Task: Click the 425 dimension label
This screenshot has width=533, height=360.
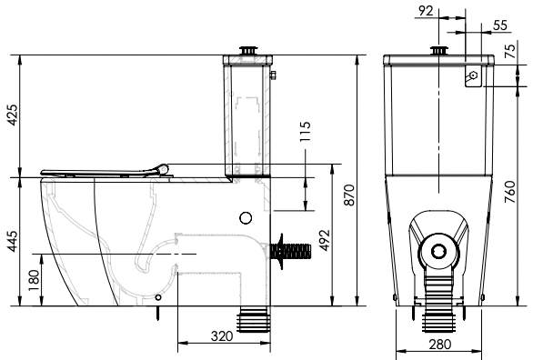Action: pos(13,115)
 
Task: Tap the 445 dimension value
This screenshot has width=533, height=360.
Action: pos(13,242)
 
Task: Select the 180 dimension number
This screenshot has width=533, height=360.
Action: pos(34,280)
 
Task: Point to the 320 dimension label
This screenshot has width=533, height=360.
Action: pos(222,335)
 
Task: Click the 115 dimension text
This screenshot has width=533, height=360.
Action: pos(306,132)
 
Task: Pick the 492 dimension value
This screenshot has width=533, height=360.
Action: pos(325,240)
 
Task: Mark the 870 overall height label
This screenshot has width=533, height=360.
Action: pos(349,195)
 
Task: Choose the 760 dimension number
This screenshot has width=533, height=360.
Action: pos(510,192)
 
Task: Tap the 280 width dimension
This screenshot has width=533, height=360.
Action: pos(440,345)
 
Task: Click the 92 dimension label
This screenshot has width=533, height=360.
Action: pos(427,11)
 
